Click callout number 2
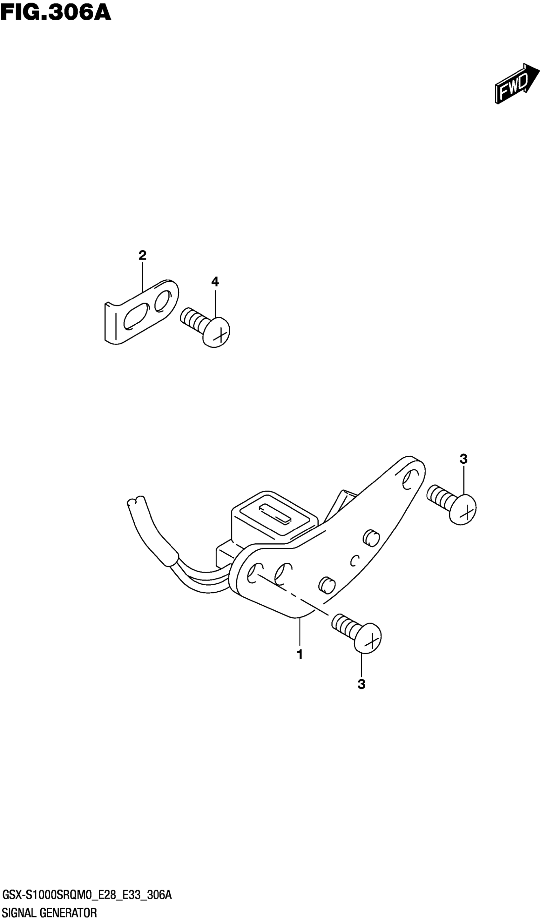[x=142, y=255]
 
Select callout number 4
[x=215, y=281]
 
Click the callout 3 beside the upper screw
[x=463, y=459]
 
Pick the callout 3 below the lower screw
[x=361, y=685]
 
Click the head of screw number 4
[x=217, y=332]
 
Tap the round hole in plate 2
[x=162, y=302]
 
